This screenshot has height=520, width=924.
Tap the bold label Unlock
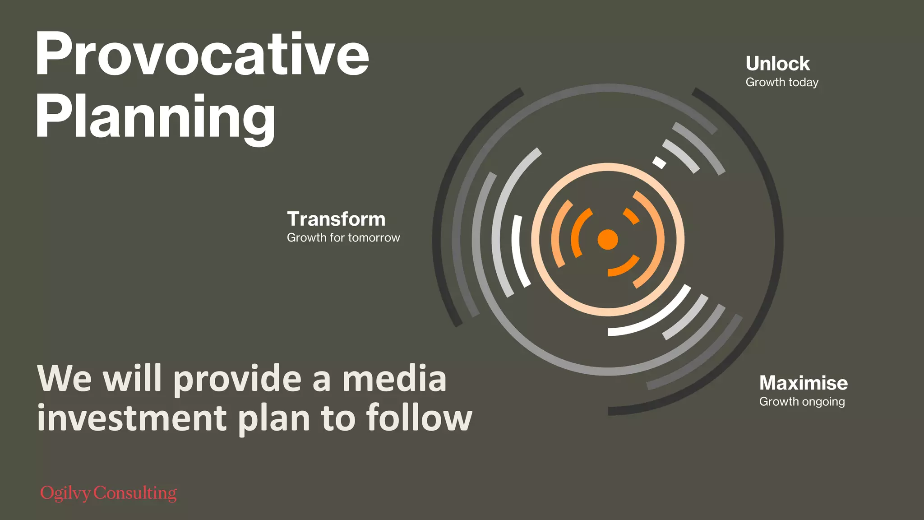(777, 64)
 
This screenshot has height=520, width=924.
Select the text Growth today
(782, 83)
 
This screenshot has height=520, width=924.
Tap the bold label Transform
(336, 219)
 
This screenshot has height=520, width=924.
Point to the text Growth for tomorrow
(343, 238)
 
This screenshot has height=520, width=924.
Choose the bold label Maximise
(804, 383)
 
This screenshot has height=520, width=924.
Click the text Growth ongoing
(802, 402)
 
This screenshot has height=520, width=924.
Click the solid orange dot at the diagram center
(608, 239)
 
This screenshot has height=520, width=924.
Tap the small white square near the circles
(659, 162)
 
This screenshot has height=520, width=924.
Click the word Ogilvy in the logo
(66, 493)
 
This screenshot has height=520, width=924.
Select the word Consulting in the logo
(135, 493)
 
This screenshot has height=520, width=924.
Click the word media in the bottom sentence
(394, 379)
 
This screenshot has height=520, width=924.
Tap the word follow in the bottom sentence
(419, 418)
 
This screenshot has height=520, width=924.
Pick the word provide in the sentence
(237, 380)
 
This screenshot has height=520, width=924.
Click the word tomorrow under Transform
(374, 238)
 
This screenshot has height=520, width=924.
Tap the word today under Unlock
(803, 83)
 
